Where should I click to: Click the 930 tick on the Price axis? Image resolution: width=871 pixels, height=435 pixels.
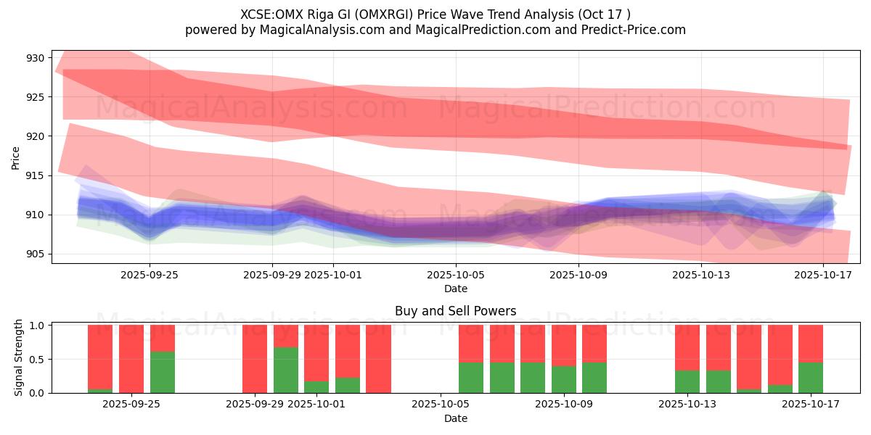click(x=36, y=58)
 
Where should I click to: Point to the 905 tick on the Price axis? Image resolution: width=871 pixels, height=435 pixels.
click(x=36, y=254)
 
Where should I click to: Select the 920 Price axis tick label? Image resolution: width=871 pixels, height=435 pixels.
click(x=36, y=136)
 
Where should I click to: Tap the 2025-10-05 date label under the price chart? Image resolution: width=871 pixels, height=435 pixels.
click(x=456, y=275)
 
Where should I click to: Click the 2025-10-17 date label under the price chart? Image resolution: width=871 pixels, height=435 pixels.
click(x=824, y=275)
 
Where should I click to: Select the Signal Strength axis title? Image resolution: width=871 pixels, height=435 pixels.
click(x=19, y=357)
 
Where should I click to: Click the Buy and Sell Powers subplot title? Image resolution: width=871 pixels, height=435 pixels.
click(x=455, y=311)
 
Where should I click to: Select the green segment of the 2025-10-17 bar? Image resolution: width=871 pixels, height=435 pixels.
click(x=811, y=378)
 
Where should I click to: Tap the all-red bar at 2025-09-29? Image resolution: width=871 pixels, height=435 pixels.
click(x=255, y=359)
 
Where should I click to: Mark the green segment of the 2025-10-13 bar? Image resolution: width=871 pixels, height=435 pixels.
click(x=687, y=381)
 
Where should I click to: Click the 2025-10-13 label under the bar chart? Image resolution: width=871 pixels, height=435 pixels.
click(x=687, y=404)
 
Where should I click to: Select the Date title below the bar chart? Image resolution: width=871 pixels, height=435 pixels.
click(x=455, y=418)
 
